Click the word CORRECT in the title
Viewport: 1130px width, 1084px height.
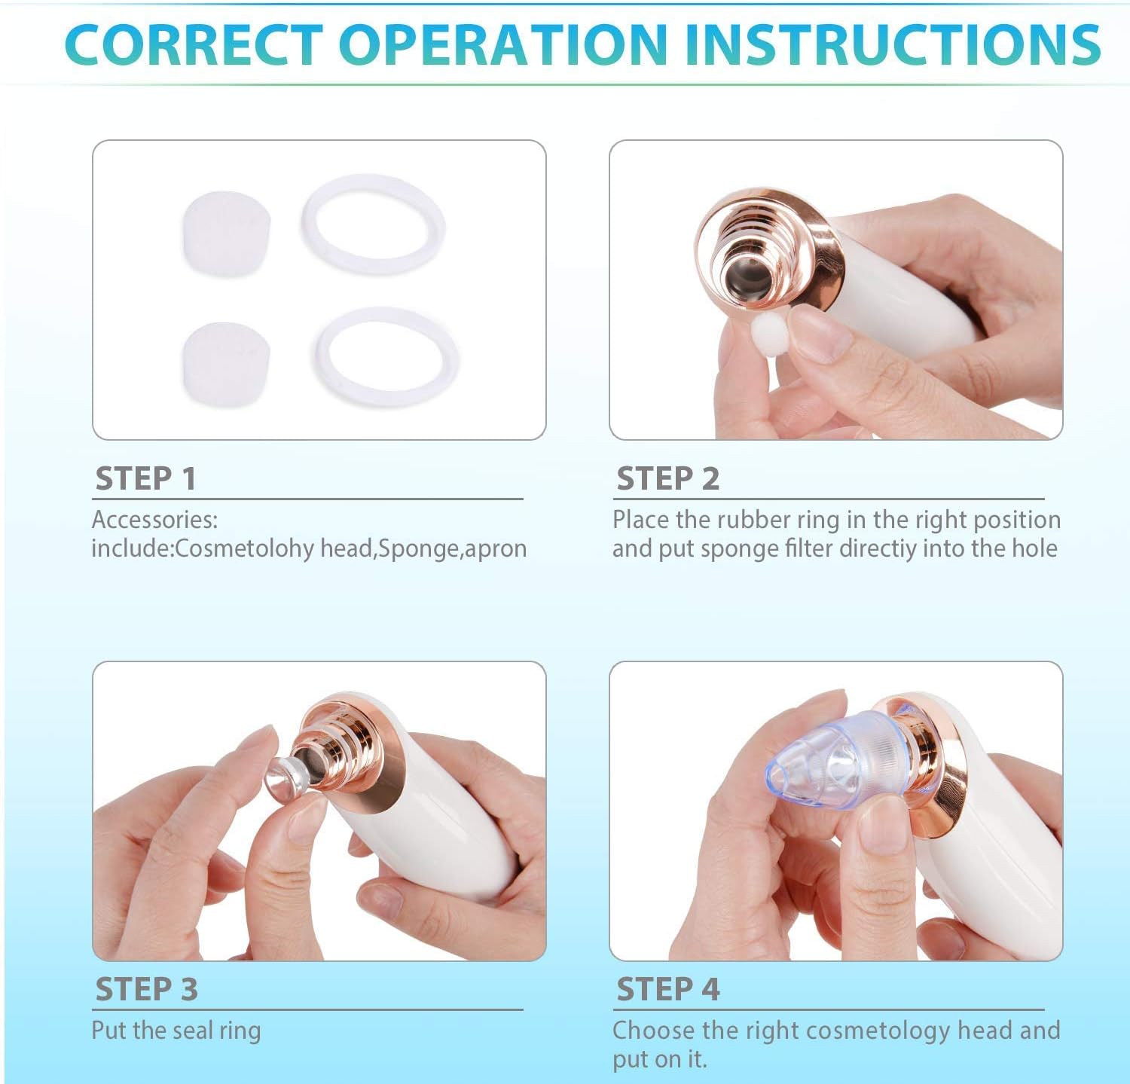pyautogui.click(x=194, y=44)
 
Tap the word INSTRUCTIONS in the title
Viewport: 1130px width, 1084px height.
pyautogui.click(x=893, y=44)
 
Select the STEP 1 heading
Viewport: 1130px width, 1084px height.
pyautogui.click(x=145, y=478)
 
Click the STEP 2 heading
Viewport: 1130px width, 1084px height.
pyautogui.click(x=667, y=478)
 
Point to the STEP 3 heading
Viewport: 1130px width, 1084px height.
pyautogui.click(x=146, y=989)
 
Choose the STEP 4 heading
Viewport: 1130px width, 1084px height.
pyautogui.click(x=668, y=989)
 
